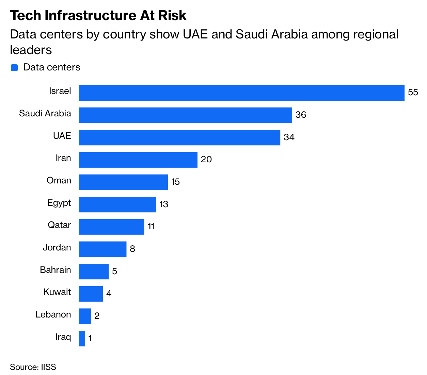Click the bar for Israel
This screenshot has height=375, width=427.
(242, 93)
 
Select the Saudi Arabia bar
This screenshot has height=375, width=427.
(186, 115)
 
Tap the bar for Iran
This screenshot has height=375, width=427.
(138, 160)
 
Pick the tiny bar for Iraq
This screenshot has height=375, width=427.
(82, 339)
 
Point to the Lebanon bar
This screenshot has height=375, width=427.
(85, 316)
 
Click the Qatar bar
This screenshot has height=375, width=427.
(112, 227)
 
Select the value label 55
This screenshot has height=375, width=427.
(413, 93)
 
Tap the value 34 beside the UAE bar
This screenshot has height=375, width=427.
(289, 137)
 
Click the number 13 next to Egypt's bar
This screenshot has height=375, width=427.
(164, 204)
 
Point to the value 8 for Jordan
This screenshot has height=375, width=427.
(132, 249)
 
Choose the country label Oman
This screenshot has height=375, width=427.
(59, 180)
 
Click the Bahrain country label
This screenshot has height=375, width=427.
(56, 270)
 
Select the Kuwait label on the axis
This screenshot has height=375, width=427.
(57, 292)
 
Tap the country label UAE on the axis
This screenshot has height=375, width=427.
(62, 136)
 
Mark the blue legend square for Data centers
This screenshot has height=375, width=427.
(14, 68)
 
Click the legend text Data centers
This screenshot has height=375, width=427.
(52, 67)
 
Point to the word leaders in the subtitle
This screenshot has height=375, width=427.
(31, 50)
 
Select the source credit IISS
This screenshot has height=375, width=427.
(48, 367)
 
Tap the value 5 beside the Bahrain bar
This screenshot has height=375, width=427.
(114, 271)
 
